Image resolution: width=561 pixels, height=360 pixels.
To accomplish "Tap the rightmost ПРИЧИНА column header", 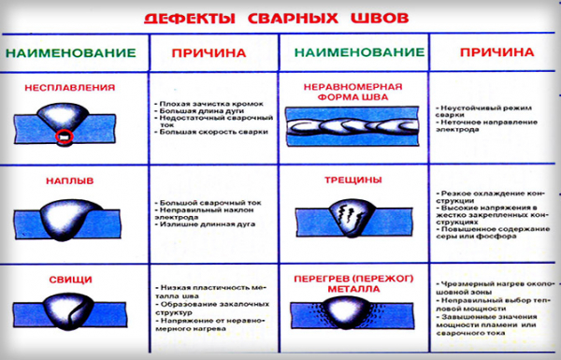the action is [x=492, y=54].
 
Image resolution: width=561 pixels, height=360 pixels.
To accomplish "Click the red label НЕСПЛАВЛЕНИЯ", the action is [x=71, y=87].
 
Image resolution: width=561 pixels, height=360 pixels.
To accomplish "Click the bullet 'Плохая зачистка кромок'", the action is [x=207, y=100].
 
